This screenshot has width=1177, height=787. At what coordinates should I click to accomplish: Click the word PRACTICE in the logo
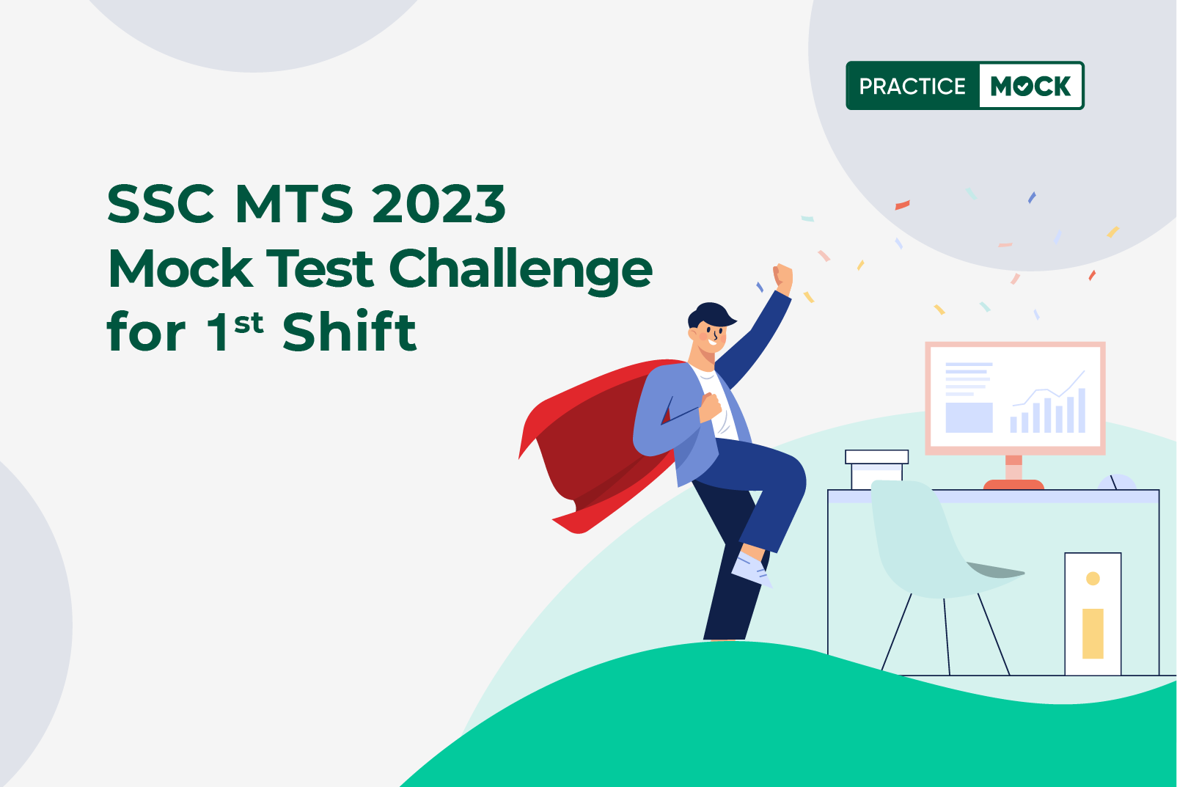tap(912, 87)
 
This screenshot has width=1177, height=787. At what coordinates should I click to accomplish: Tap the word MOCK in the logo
tap(1030, 87)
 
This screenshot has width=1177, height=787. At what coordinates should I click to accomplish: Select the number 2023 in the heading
tap(439, 204)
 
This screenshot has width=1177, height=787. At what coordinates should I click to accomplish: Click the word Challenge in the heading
tap(520, 269)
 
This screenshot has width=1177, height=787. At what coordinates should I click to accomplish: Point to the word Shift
tap(349, 332)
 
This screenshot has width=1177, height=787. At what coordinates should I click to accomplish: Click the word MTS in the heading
tap(293, 204)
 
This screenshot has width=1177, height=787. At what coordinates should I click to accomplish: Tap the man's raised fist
tap(783, 278)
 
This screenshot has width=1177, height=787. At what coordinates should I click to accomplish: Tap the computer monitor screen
tap(1015, 396)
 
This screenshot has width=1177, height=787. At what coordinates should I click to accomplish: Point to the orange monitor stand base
tap(1013, 484)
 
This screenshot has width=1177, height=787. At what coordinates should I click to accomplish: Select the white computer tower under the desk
tap(1093, 613)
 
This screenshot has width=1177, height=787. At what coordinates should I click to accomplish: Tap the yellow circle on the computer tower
tap(1093, 579)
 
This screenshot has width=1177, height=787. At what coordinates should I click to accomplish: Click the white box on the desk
tap(876, 469)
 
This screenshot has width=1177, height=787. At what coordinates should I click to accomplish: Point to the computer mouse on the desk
tap(1116, 482)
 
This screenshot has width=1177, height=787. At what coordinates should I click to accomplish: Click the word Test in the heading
tap(320, 269)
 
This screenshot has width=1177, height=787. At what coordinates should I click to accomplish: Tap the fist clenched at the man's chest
tap(710, 406)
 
